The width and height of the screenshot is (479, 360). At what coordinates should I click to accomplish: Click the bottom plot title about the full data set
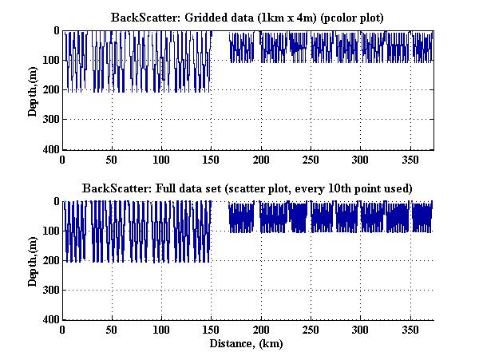pyautogui.click(x=247, y=188)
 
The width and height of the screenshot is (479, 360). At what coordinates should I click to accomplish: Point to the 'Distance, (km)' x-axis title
pyautogui.click(x=247, y=344)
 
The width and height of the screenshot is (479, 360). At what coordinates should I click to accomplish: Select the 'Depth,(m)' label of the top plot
pyautogui.click(x=33, y=89)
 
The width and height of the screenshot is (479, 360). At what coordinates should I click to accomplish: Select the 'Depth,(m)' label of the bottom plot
pyautogui.click(x=33, y=260)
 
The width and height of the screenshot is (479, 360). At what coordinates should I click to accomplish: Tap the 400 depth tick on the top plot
pyautogui.click(x=51, y=150)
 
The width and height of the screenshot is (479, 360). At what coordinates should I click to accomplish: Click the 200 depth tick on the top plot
pyautogui.click(x=51, y=91)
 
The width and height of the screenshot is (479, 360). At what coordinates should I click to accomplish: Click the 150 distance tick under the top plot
pyautogui.click(x=212, y=159)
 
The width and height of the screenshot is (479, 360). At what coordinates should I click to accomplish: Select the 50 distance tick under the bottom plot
pyautogui.click(x=113, y=330)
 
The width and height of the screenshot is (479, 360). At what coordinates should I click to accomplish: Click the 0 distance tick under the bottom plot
pyautogui.click(x=63, y=330)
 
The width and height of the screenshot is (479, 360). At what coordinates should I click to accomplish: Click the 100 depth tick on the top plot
pyautogui.click(x=51, y=61)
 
